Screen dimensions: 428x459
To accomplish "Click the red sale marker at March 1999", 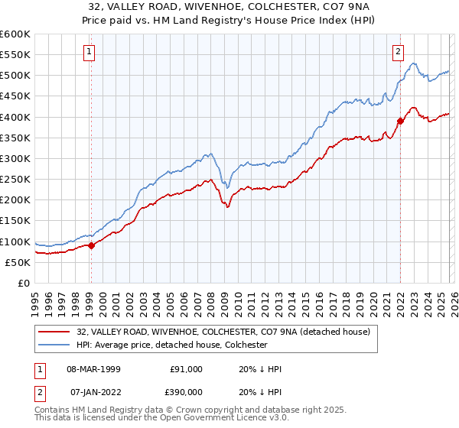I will coord(91,245).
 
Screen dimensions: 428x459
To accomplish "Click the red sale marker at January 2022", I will coord(400,121).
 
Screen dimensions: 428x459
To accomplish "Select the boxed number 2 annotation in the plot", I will coord(399,52).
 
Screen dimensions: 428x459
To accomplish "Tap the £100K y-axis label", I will coord(15,242).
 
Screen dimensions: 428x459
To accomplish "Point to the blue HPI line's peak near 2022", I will coord(413,63).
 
